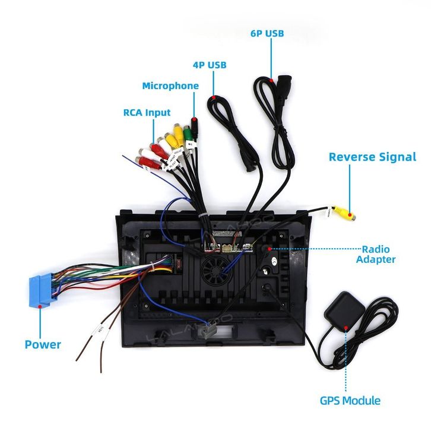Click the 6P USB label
point(267,33)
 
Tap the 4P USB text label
point(209,65)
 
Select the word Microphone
point(170,86)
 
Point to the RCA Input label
point(147,112)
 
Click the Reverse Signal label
point(372,157)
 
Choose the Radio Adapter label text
point(375,253)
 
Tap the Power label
point(43,344)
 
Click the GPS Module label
point(350,401)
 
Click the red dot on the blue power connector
point(40,306)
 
